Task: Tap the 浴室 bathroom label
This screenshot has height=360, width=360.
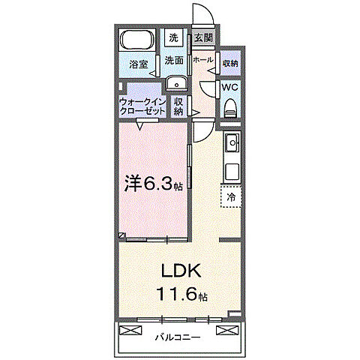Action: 138,65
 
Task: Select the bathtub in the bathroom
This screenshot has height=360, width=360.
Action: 137,40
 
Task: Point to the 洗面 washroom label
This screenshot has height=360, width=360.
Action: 174,60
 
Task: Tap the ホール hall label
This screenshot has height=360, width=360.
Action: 202,60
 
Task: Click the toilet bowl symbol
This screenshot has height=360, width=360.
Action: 231,106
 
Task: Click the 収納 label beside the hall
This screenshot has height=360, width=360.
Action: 230,63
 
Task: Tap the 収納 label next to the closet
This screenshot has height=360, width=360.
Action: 178,106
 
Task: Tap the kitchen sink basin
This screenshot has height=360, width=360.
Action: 232,142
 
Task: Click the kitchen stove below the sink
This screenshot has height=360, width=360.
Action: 232,170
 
